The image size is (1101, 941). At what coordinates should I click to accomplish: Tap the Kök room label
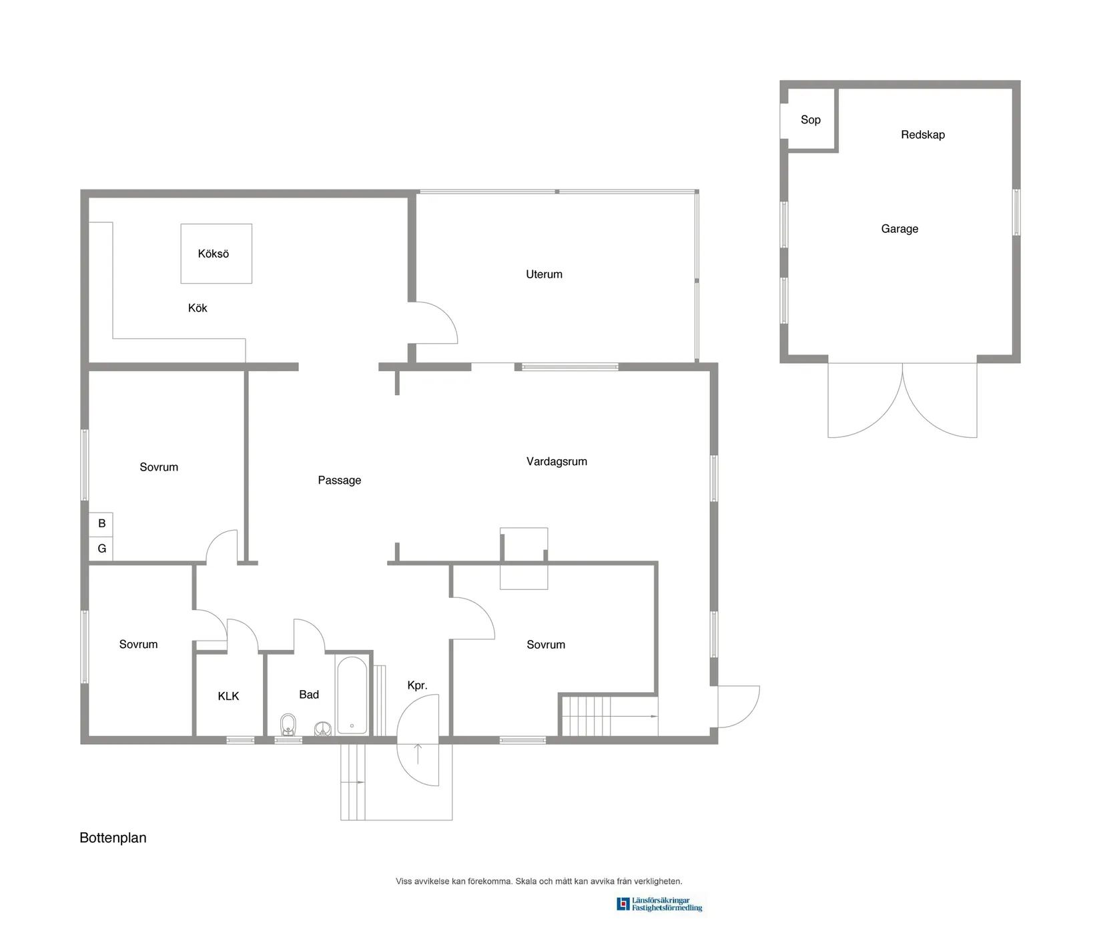198,308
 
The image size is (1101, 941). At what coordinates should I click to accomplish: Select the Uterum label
544,274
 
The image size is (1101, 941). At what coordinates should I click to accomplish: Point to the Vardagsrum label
557,461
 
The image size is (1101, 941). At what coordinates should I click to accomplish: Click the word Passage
339,480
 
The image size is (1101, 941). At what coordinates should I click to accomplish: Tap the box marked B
101,524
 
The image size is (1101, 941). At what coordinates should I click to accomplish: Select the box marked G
101,549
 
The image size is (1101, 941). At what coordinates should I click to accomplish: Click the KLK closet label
228,696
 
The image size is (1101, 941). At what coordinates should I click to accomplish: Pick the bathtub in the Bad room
352,695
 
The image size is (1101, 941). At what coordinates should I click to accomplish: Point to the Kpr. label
417,685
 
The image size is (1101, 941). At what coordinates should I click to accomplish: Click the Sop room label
811,119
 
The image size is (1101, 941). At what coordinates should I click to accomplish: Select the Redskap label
923,135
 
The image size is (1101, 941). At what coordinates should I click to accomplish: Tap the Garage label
899,229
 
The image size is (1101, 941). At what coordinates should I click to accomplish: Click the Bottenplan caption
113,838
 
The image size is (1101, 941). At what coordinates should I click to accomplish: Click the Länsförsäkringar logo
659,904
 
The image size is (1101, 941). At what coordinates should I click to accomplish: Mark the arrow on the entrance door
418,753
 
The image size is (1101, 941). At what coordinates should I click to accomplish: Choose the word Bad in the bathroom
309,695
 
